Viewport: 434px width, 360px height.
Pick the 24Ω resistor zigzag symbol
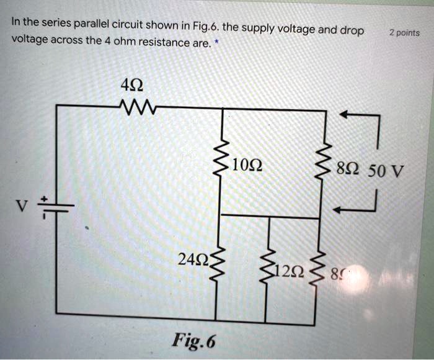[x=218, y=264]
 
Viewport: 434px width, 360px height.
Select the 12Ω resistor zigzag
[x=268, y=268]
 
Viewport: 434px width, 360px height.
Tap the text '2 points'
[x=404, y=32]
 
